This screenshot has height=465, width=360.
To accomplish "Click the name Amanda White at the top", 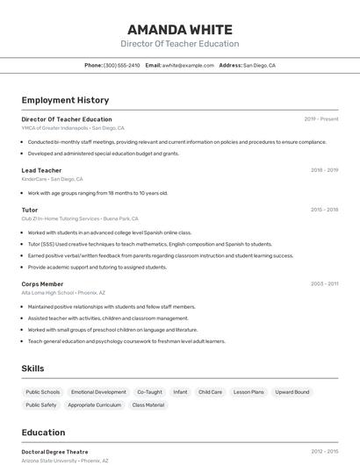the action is (x=180, y=29).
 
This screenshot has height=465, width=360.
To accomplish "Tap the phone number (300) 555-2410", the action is (x=121, y=65).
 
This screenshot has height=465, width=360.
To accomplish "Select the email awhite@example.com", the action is (x=188, y=65).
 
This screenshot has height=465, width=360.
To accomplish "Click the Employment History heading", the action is (x=65, y=100).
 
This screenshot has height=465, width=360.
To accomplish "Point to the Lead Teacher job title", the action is (x=41, y=170).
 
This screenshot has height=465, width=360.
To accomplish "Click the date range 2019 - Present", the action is (x=321, y=118).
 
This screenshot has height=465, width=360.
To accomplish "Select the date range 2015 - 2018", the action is (x=324, y=210).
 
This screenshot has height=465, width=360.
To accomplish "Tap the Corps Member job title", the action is (x=42, y=284).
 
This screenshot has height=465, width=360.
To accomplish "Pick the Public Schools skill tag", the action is (x=43, y=392).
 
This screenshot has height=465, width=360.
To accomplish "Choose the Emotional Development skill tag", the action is (x=98, y=392).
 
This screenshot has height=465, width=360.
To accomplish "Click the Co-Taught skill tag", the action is (x=149, y=392).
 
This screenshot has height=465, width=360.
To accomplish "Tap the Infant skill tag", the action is (x=180, y=392).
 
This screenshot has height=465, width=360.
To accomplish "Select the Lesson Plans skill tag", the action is (x=248, y=392).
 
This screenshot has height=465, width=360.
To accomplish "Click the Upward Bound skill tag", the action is (x=292, y=392).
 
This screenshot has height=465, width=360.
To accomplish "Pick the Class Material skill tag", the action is (x=148, y=405).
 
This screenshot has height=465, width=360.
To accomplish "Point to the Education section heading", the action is (x=43, y=433).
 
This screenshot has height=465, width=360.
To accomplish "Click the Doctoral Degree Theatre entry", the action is (x=54, y=452).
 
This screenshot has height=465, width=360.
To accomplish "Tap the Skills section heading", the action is (x=32, y=368).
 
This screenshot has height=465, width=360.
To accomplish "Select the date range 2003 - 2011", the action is (x=324, y=284).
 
